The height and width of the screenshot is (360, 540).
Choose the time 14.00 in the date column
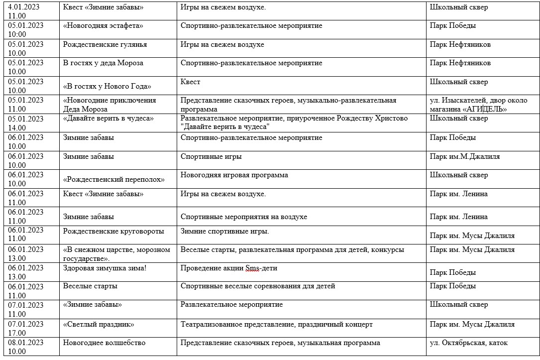coord(17,127)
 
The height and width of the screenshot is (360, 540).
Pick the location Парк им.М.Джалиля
coord(465,156)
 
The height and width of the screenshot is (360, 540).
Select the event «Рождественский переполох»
coord(114,179)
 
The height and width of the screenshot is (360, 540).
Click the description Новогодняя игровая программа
coord(234,175)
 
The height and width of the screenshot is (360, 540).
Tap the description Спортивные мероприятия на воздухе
coord(244,217)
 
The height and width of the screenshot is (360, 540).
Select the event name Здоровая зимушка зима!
coord(105,268)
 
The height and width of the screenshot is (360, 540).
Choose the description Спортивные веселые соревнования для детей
coord(258,286)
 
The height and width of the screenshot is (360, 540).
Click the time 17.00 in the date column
coord(17,333)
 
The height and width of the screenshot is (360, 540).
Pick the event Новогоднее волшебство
coord(104,343)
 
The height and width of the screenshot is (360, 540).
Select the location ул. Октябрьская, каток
coord(469,343)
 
